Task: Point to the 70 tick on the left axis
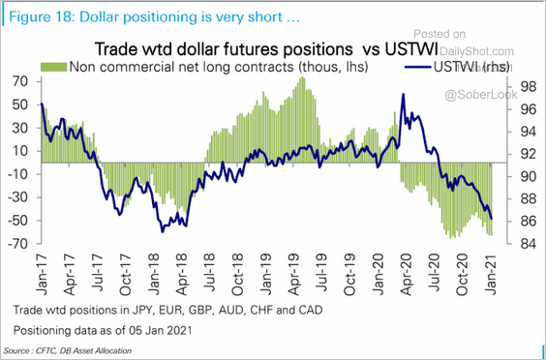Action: click(19, 81)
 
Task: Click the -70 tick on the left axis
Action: click(17, 244)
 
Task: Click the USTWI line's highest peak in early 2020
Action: click(404, 95)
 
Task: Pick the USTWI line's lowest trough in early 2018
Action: click(162, 230)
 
